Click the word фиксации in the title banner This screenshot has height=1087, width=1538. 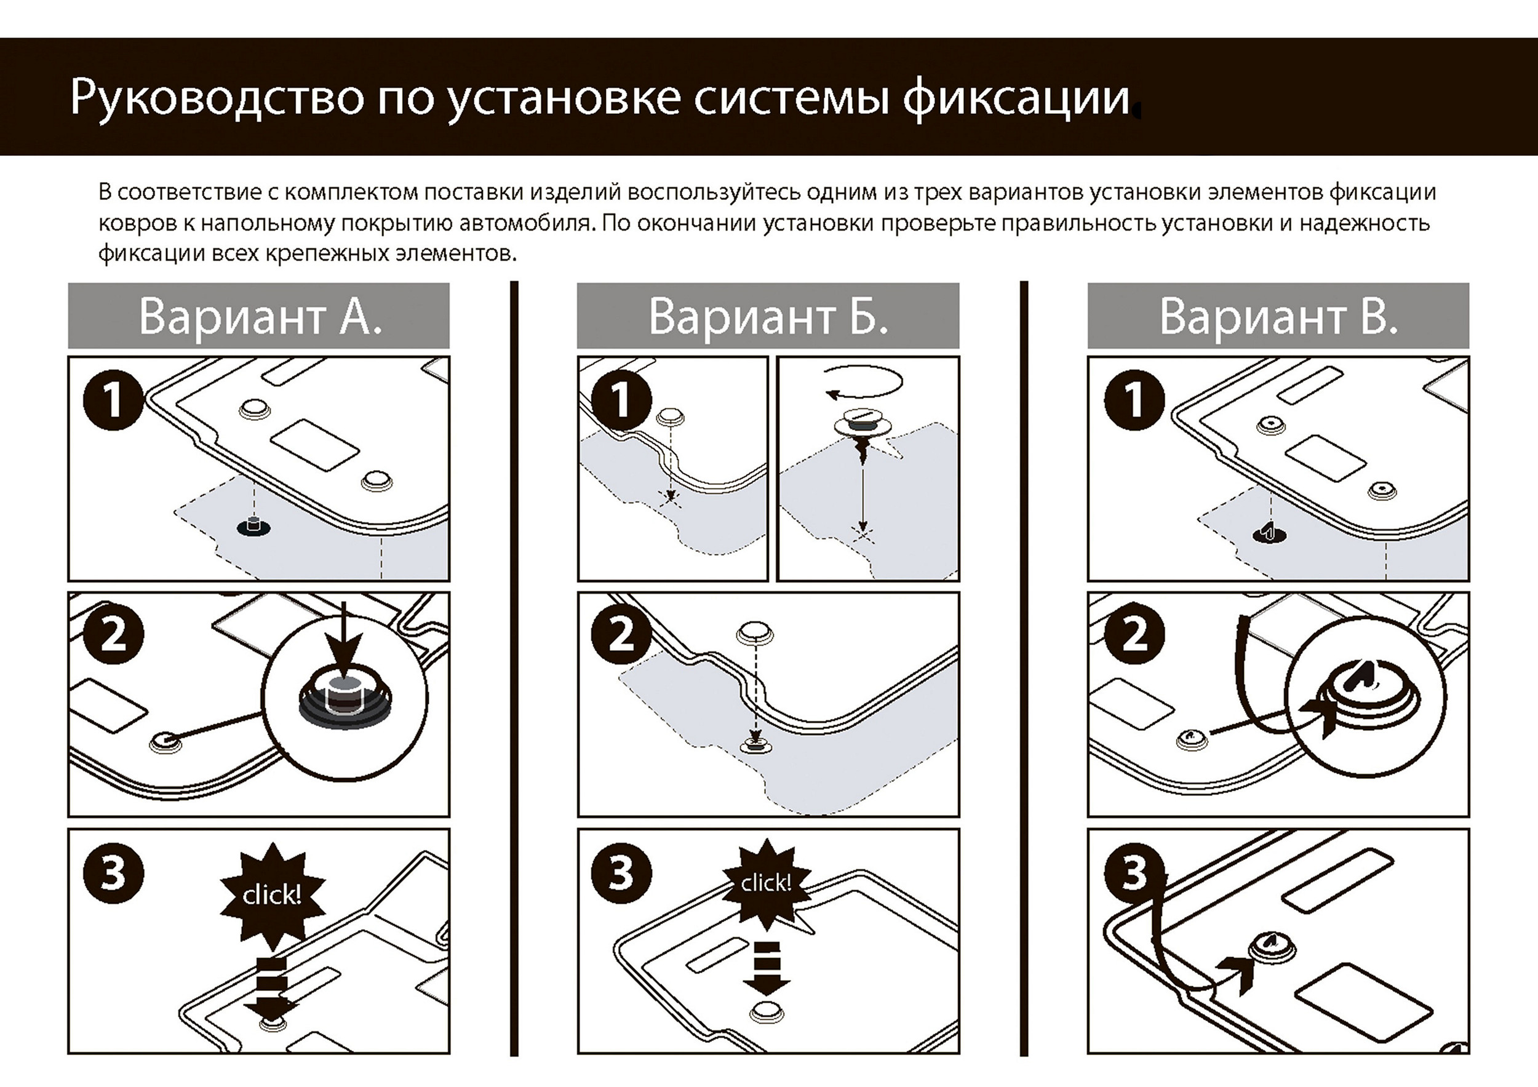click(x=1016, y=98)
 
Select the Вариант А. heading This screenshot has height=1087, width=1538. click(x=259, y=316)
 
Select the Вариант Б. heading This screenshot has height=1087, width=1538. click(x=768, y=316)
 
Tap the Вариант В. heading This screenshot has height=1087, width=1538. click(x=1278, y=316)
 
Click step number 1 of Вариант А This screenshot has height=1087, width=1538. click(x=113, y=400)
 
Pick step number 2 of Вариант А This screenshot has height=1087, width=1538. click(x=113, y=634)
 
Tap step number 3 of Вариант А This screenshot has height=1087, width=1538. click(x=113, y=874)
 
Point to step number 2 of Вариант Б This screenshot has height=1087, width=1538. click(x=621, y=634)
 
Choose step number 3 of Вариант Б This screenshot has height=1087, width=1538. click(x=621, y=874)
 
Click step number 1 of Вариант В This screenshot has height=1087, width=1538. click(x=1133, y=400)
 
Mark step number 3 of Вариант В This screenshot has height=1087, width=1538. click(x=1133, y=874)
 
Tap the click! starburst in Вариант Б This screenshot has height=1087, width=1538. click(x=767, y=883)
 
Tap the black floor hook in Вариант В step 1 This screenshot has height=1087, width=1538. click(x=1269, y=534)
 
